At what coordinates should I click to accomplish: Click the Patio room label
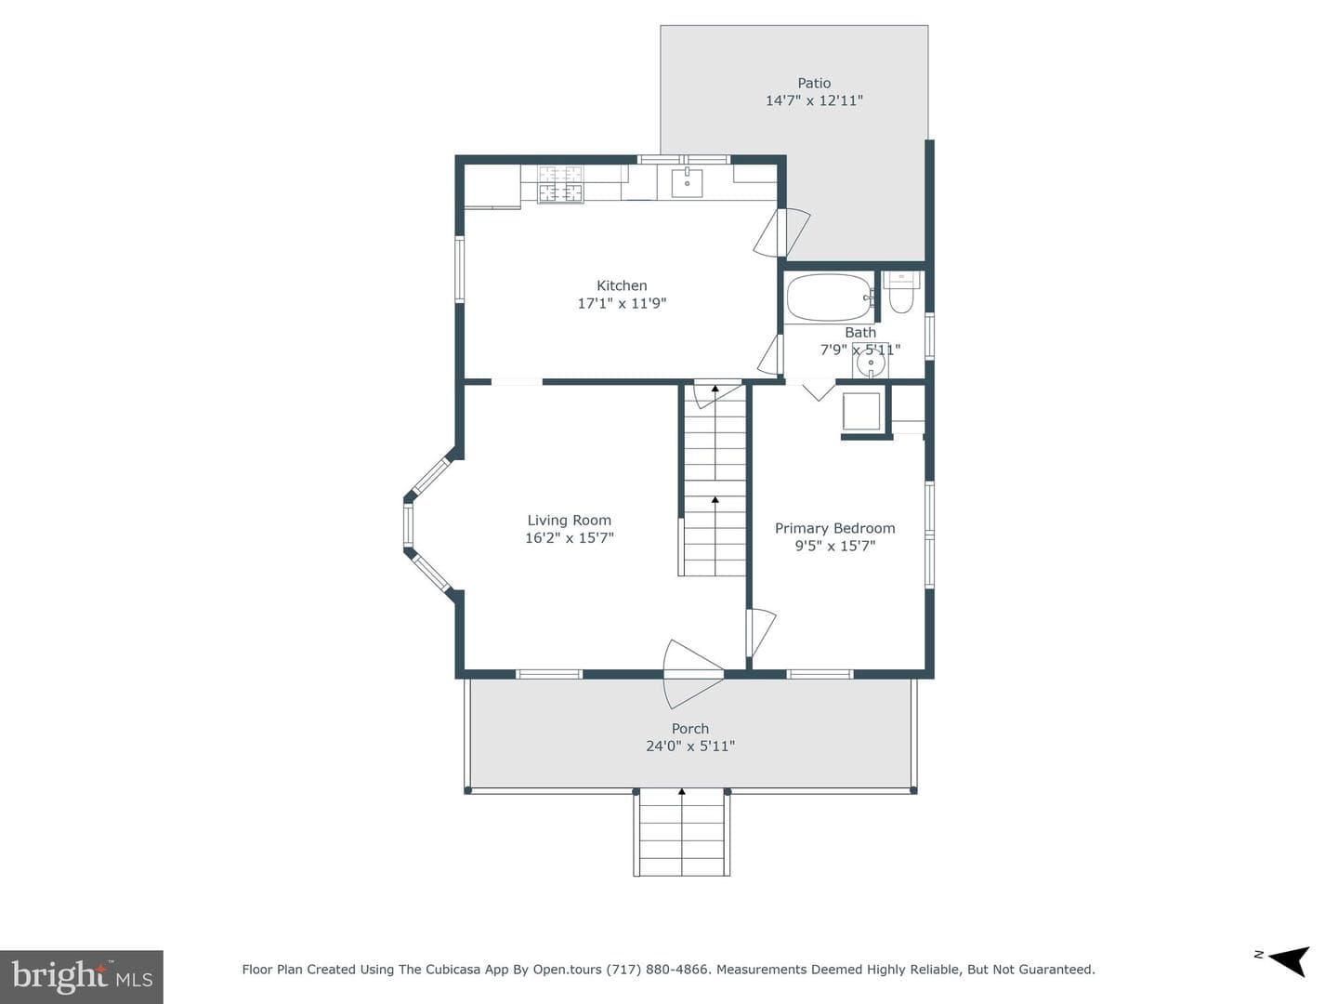coord(814,83)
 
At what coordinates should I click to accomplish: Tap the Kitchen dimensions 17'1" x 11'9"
coord(622,303)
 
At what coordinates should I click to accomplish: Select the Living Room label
coord(569,520)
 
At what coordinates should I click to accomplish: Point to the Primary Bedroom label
coord(834,528)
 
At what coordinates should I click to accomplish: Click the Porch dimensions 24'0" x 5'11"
coord(690,746)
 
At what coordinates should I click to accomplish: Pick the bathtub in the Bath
coord(831,297)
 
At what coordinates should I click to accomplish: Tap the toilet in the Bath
coord(900,293)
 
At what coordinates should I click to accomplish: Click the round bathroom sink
coord(871,363)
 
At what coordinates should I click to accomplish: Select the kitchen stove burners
coord(559,183)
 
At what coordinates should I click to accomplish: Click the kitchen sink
coord(687,183)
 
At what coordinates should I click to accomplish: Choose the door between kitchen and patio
coord(781,232)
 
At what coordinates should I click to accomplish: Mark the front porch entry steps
coord(681,832)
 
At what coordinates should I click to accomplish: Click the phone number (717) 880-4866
coord(659,970)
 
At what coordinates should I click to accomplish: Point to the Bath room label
coord(860,332)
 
